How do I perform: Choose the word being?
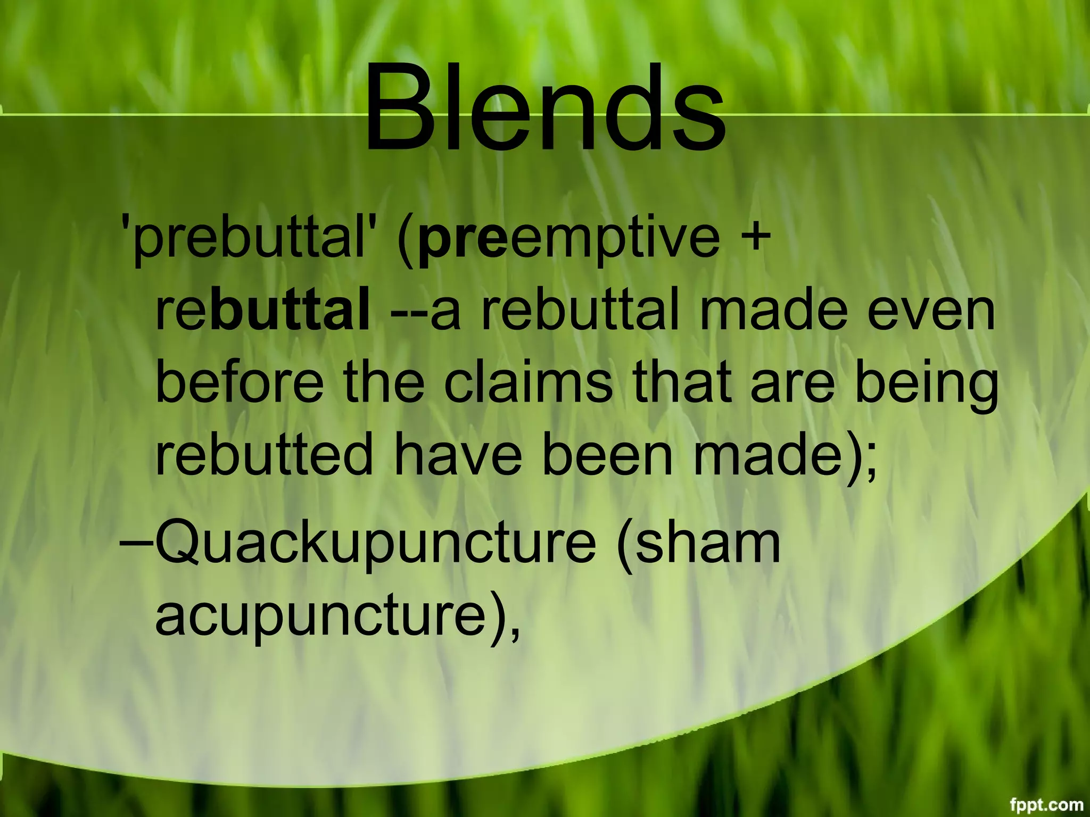click(927, 386)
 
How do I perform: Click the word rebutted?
click(264, 455)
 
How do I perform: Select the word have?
click(458, 455)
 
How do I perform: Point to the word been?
click(607, 455)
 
